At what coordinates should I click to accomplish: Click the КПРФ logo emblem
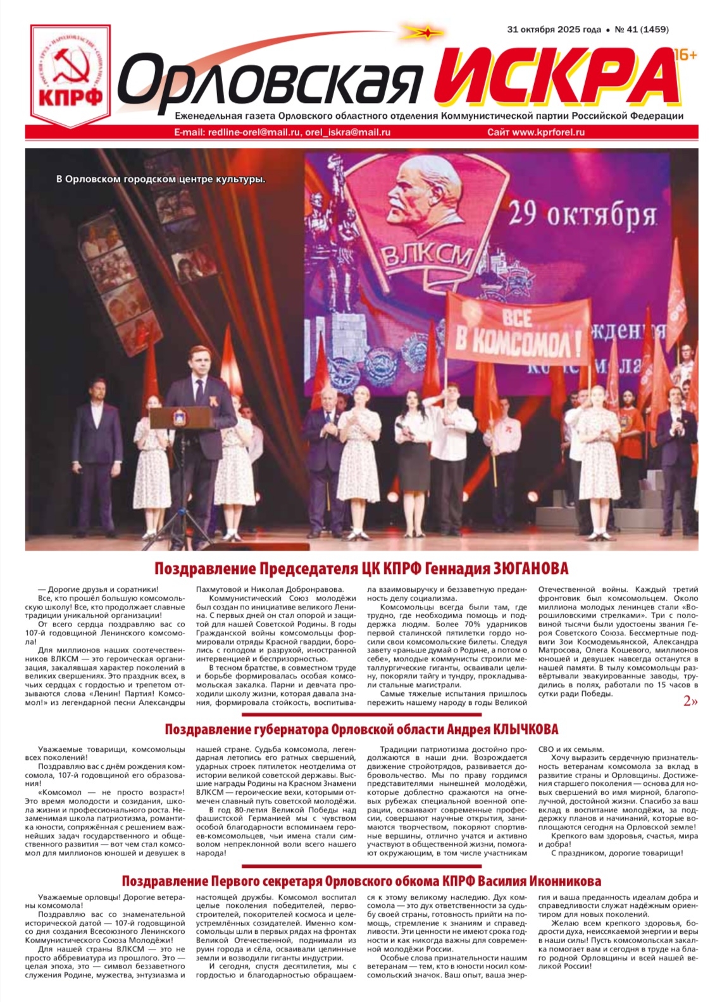click(x=71, y=75)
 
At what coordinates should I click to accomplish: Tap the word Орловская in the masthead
click(x=270, y=81)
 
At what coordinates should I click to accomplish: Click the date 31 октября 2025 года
click(x=554, y=29)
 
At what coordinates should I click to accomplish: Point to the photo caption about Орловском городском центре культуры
click(x=161, y=179)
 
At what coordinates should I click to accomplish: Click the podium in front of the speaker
click(x=181, y=418)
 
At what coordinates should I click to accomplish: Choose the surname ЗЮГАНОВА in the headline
click(x=530, y=568)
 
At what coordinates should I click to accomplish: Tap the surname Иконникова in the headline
click(x=556, y=881)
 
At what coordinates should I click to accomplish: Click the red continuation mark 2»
click(x=690, y=701)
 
